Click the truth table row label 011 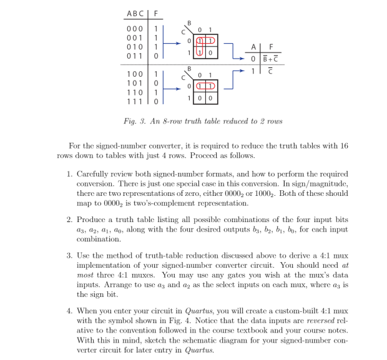[x=135, y=56]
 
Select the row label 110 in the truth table [x=135, y=91]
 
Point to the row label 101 [x=135, y=82]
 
